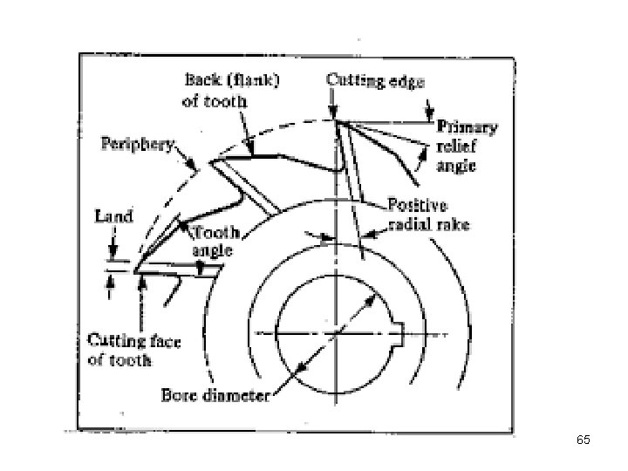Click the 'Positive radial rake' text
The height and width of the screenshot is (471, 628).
429,215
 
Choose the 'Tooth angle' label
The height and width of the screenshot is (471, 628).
215,242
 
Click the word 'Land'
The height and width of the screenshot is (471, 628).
114,215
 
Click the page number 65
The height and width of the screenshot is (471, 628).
584,441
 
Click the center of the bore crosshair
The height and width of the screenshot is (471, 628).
333,333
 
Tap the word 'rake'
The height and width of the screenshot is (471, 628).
455,225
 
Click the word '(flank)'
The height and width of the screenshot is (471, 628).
252,79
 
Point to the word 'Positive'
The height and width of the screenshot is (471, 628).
418,207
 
